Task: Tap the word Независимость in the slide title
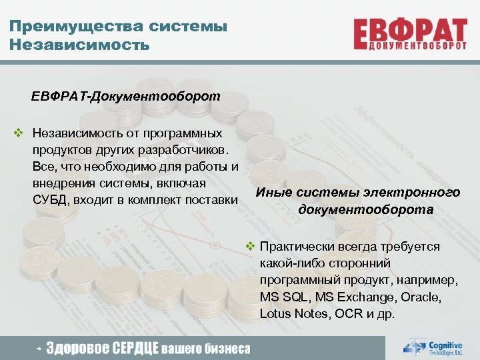click(79, 45)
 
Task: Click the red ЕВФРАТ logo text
click(409, 30)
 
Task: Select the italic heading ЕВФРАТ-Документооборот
click(125, 96)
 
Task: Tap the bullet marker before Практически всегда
click(251, 246)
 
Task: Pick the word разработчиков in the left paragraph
click(189, 149)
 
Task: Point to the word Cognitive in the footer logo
click(445, 345)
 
